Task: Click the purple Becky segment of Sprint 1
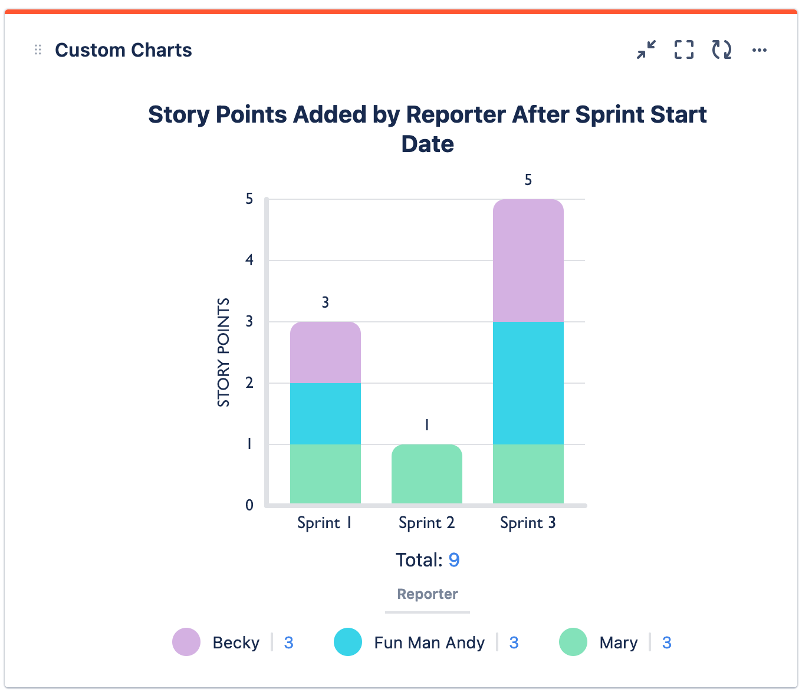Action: (325, 352)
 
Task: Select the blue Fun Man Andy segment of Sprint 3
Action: (528, 383)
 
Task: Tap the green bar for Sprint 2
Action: (426, 474)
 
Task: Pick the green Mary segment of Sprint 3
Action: (528, 474)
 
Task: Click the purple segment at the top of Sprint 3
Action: (528, 261)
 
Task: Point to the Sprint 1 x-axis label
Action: (324, 523)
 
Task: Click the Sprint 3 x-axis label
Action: (528, 523)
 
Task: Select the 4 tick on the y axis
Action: (249, 260)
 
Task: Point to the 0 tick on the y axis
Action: (249, 505)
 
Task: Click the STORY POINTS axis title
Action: (223, 352)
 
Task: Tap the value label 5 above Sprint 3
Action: (528, 180)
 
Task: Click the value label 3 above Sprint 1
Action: (326, 302)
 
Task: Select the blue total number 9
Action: (453, 559)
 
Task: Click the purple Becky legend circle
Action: (186, 642)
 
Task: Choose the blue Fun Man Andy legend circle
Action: (348, 642)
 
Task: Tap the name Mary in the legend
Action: (618, 642)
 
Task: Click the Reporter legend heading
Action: (428, 594)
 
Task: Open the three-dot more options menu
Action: (760, 50)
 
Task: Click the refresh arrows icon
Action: (722, 50)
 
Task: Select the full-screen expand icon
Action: (684, 50)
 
